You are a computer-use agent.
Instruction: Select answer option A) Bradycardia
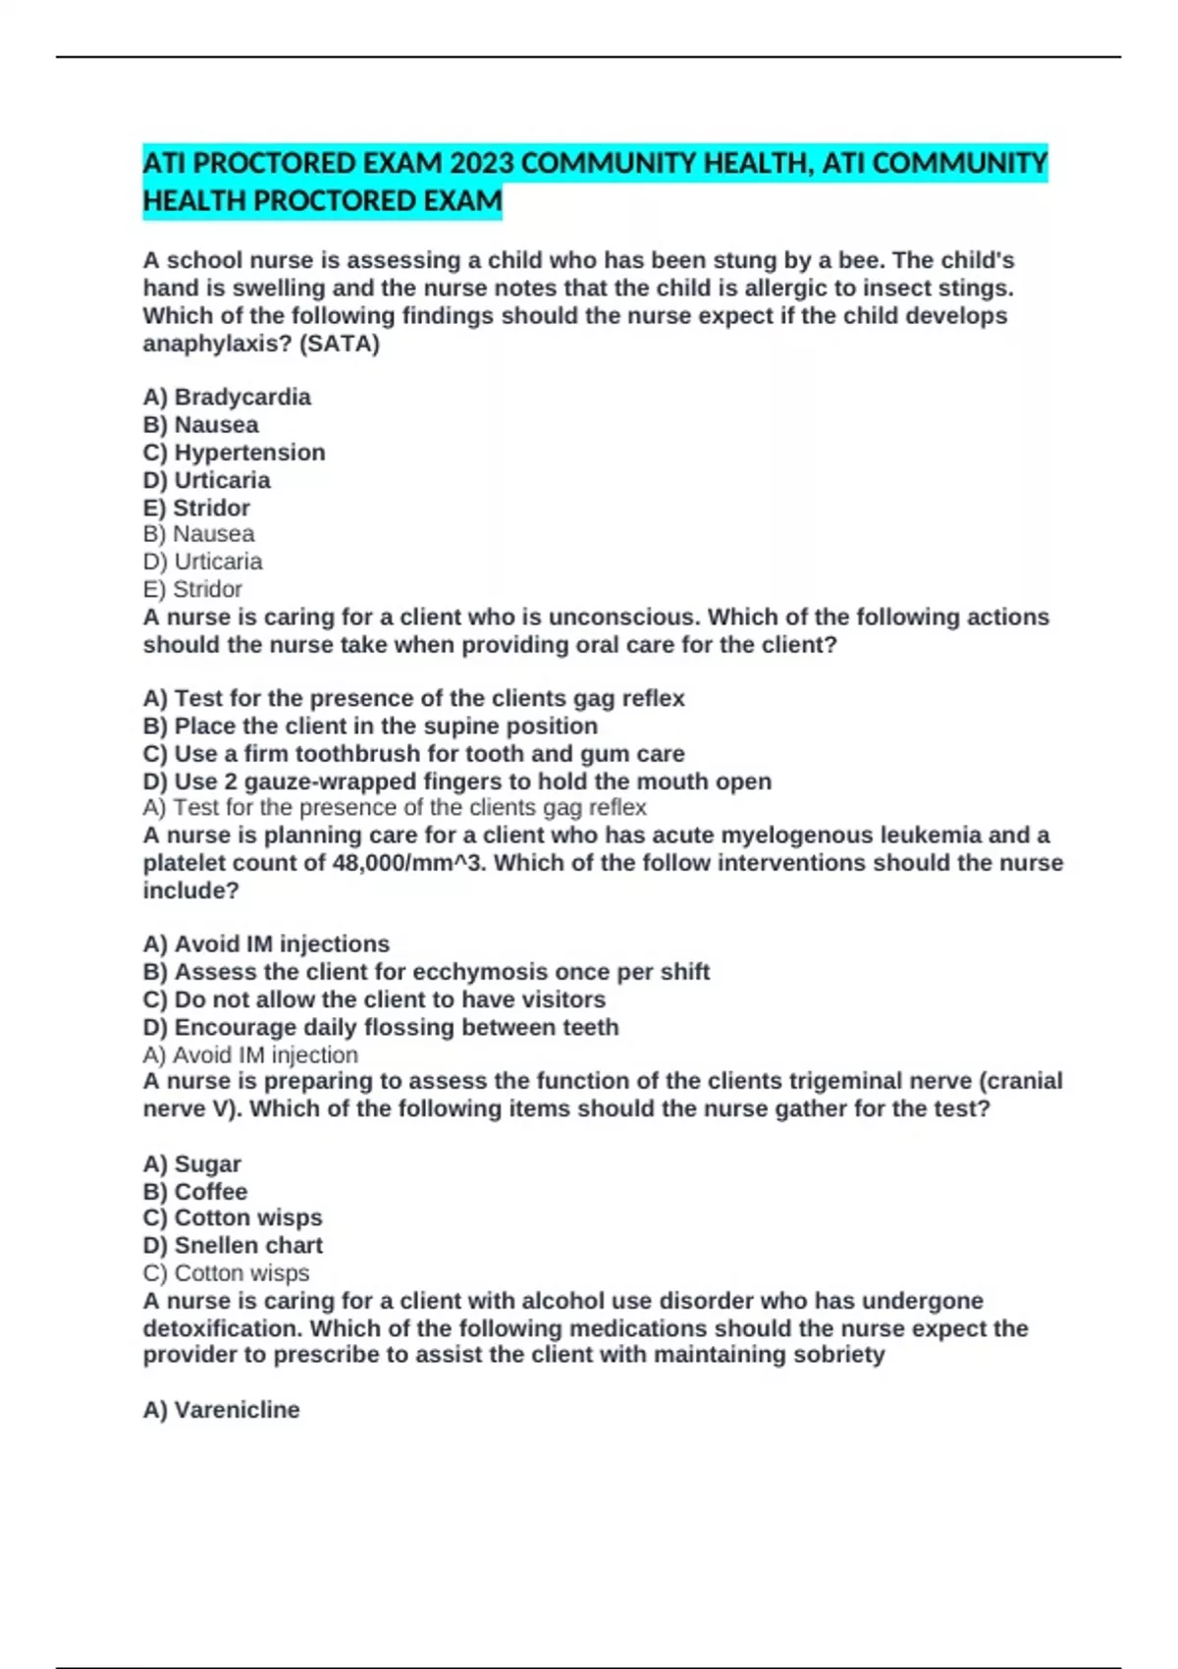(x=227, y=397)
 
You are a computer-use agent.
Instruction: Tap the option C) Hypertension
(x=234, y=453)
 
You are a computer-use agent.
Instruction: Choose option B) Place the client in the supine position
(x=370, y=726)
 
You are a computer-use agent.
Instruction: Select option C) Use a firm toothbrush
(x=413, y=753)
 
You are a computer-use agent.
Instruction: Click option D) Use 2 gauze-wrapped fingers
(x=456, y=781)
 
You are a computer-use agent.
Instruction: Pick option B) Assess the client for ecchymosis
(x=426, y=971)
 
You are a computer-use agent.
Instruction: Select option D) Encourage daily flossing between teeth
(x=381, y=1027)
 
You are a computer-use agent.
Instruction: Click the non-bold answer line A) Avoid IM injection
(x=250, y=1054)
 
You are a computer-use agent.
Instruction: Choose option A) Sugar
(x=191, y=1163)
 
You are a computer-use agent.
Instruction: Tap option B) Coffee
(x=195, y=1191)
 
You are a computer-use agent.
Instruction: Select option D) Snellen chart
(x=233, y=1245)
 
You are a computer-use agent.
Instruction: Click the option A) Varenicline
(x=221, y=1410)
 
